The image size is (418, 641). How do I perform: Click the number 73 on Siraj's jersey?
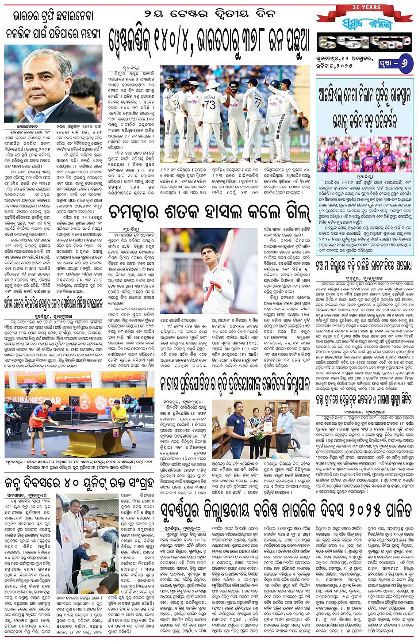(210, 105)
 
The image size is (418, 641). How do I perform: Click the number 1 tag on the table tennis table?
(115, 434)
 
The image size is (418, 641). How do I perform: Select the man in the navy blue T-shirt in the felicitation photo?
(236, 431)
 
